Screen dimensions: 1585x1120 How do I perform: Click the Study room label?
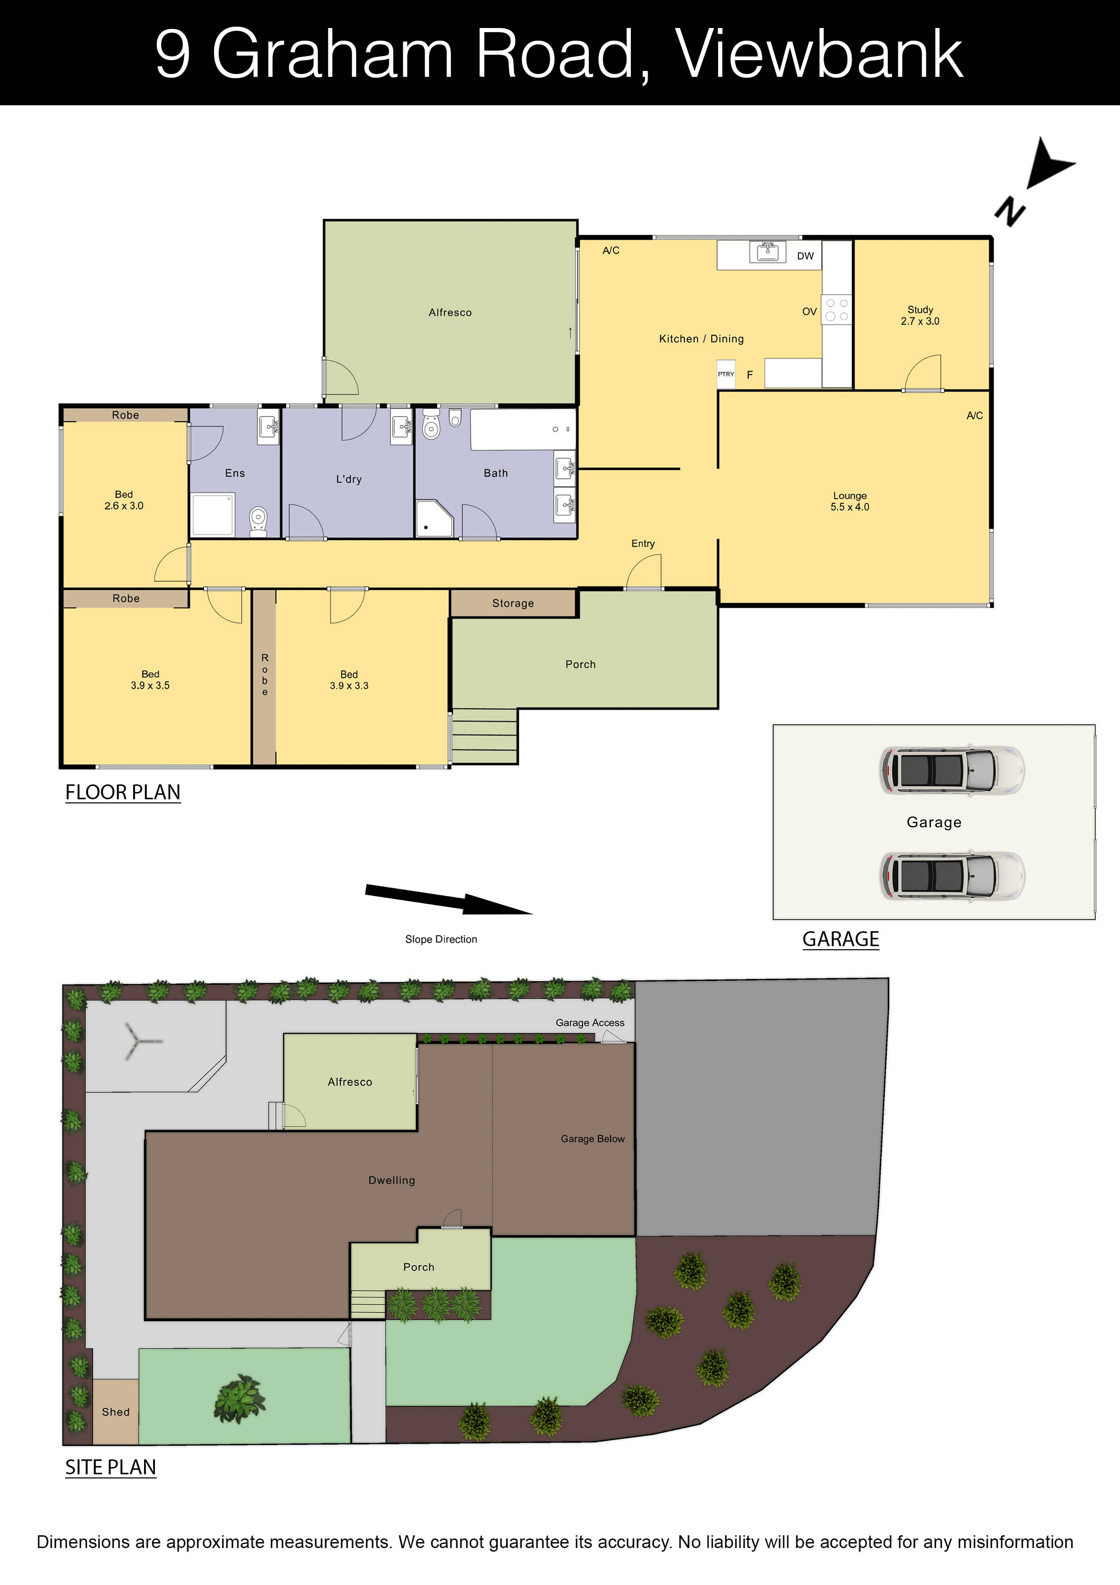pyautogui.click(x=920, y=315)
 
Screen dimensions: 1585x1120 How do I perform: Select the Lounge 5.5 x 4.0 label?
pyautogui.click(x=849, y=501)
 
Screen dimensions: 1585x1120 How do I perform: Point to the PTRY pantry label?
pyautogui.click(x=726, y=374)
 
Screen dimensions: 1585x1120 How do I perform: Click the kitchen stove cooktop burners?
pyautogui.click(x=836, y=309)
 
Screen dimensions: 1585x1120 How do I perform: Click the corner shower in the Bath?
pyautogui.click(x=434, y=518)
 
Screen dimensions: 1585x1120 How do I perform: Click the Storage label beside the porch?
pyautogui.click(x=513, y=603)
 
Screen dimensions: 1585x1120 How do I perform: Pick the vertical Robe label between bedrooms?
pyautogui.click(x=264, y=675)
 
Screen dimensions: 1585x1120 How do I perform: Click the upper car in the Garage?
pyautogui.click(x=952, y=770)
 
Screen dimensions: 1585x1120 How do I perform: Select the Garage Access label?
pyautogui.click(x=590, y=1022)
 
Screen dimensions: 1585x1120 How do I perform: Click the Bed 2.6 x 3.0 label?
pyautogui.click(x=124, y=500)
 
